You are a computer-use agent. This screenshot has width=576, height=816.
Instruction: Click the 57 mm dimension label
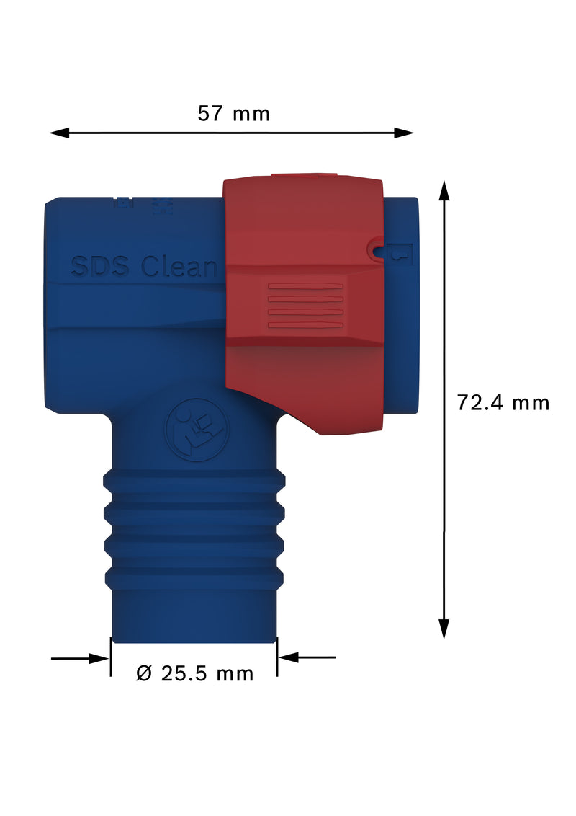point(233,114)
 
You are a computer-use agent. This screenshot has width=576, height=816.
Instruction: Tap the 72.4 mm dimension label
point(503,402)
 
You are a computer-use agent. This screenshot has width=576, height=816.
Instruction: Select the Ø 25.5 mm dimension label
point(195,673)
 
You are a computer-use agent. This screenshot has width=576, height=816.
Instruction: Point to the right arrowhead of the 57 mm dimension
point(405,133)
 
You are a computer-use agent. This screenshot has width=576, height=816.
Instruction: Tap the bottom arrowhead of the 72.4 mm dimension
point(444,629)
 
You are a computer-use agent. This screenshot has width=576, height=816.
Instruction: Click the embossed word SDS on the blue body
point(100,267)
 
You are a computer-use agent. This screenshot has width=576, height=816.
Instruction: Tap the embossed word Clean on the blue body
point(179,267)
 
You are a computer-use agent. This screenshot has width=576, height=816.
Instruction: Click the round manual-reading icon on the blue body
point(195,433)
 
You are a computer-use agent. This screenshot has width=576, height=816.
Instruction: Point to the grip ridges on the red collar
point(305,306)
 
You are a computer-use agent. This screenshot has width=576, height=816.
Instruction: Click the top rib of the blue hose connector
point(194,480)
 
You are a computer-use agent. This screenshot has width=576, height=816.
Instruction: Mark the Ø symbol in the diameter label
point(144,673)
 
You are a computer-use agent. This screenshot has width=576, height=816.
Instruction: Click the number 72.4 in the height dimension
point(482,402)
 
